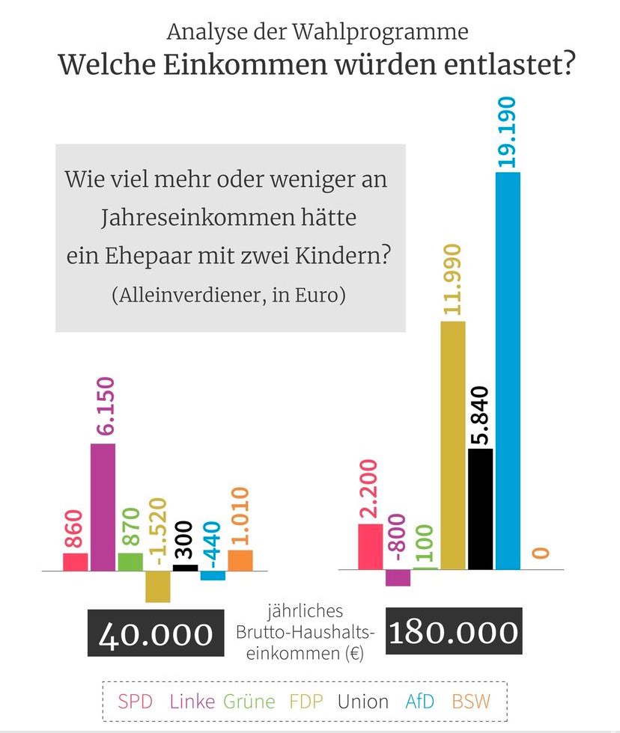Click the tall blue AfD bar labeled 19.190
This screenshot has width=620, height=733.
(508, 370)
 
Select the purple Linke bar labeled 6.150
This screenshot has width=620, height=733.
(103, 506)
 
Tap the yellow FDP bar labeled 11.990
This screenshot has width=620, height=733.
(453, 445)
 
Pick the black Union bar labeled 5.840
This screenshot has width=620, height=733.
(480, 509)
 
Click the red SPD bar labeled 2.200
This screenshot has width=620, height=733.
(370, 546)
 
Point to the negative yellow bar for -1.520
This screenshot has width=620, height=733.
(158, 586)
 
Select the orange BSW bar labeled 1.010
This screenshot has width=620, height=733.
(240, 560)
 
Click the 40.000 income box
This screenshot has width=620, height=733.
(156, 633)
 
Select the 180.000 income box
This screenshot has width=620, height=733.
(453, 632)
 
